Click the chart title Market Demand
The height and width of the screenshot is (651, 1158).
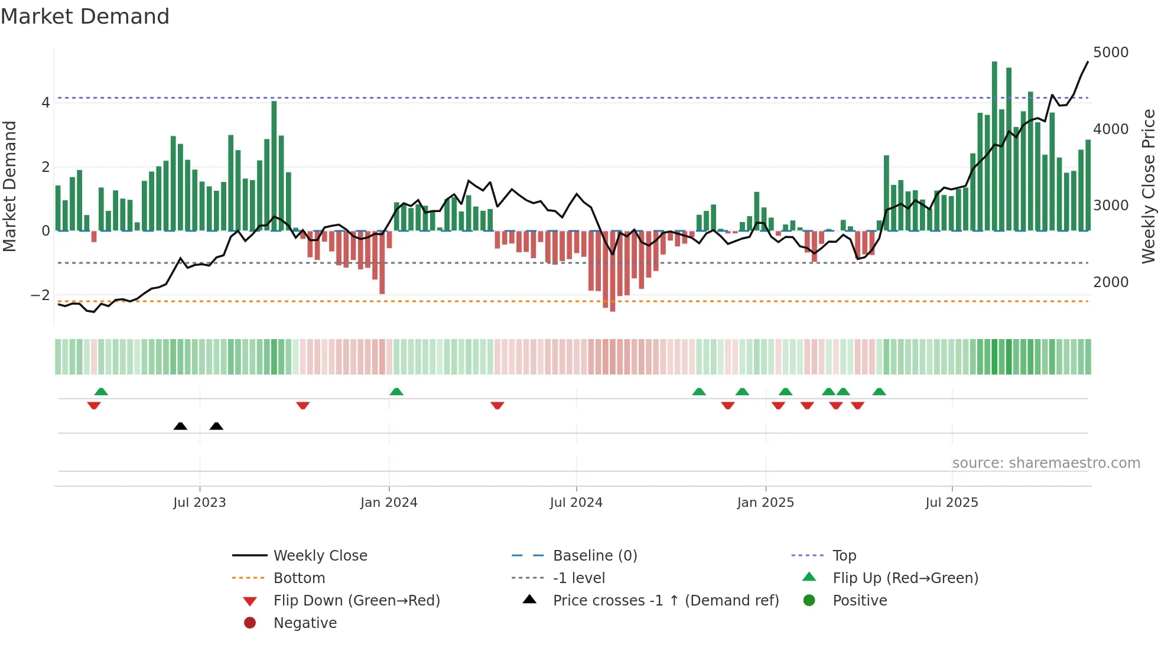[85, 17]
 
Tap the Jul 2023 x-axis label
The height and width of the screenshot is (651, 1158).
[200, 503]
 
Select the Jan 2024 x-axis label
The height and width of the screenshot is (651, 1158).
[389, 503]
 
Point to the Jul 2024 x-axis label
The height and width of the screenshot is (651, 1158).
[576, 503]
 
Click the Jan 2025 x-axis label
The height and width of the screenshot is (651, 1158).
[766, 503]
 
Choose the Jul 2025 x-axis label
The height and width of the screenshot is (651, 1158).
[952, 503]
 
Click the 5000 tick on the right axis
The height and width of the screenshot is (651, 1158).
[1111, 53]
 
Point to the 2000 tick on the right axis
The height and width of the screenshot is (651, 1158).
[1111, 282]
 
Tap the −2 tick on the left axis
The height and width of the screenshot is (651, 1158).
[41, 295]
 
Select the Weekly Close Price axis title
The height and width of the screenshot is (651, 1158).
[1148, 186]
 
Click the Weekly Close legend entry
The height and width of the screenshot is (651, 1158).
[320, 556]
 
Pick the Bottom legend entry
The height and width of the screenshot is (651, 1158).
[299, 578]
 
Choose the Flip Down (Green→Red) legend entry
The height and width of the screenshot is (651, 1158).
[356, 601]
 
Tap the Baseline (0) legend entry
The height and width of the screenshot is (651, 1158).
[595, 556]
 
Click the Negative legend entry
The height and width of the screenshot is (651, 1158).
[305, 623]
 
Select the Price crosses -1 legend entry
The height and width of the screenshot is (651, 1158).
[666, 601]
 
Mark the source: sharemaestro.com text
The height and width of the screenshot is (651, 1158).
[1046, 463]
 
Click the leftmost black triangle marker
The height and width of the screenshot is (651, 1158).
[180, 426]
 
